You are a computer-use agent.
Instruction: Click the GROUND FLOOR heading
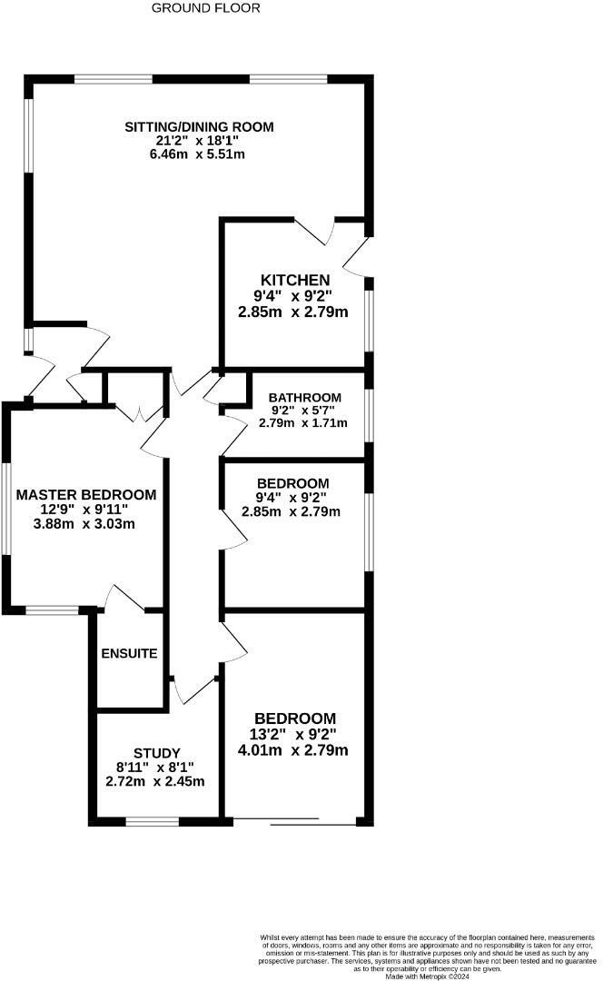pos(206,8)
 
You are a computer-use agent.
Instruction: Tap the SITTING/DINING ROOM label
pos(199,127)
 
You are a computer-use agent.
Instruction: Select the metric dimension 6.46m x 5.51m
pos(197,154)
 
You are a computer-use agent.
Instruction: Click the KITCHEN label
pos(295,281)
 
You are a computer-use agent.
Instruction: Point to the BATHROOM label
pos(304,397)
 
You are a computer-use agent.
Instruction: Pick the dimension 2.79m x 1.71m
pos(302,423)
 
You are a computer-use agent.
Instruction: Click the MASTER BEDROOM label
pos(86,495)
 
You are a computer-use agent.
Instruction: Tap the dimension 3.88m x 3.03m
pos(84,524)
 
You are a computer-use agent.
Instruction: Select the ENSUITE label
pos(129,653)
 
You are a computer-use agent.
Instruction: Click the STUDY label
pos(157,753)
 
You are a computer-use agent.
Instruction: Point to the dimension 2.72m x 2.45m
pos(155,781)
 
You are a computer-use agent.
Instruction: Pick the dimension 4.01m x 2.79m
pos(293,750)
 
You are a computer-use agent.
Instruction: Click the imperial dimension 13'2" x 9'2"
pos(293,734)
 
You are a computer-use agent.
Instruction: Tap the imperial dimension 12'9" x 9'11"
pos(84,510)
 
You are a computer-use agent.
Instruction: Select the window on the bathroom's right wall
pos(369,415)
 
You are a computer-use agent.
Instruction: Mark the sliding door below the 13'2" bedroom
pos(292,821)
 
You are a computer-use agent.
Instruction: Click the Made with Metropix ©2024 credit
pos(427,976)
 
